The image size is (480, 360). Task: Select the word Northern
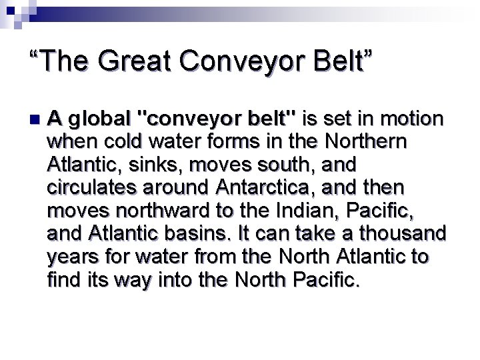(x=365, y=142)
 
